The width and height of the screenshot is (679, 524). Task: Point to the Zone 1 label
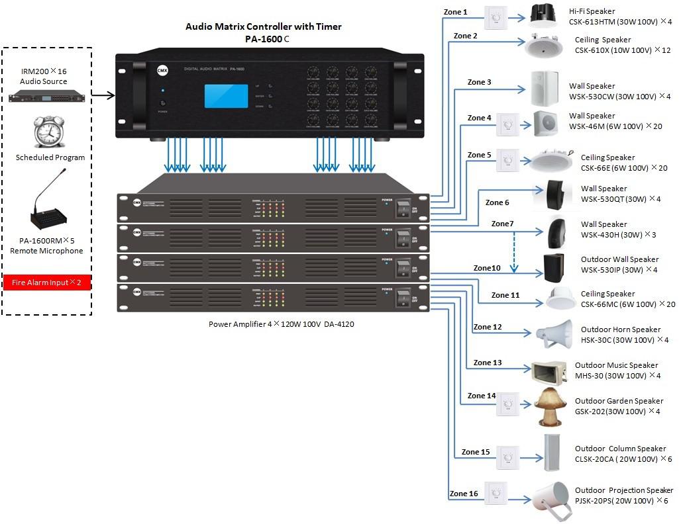point(455,12)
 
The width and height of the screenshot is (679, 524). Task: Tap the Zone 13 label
point(488,363)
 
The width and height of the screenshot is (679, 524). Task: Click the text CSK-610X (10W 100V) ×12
point(622,50)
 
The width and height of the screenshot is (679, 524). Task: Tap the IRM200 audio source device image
point(47,97)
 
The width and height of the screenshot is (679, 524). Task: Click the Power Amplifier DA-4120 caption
point(281,324)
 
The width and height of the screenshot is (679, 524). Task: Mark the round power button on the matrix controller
point(163,104)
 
